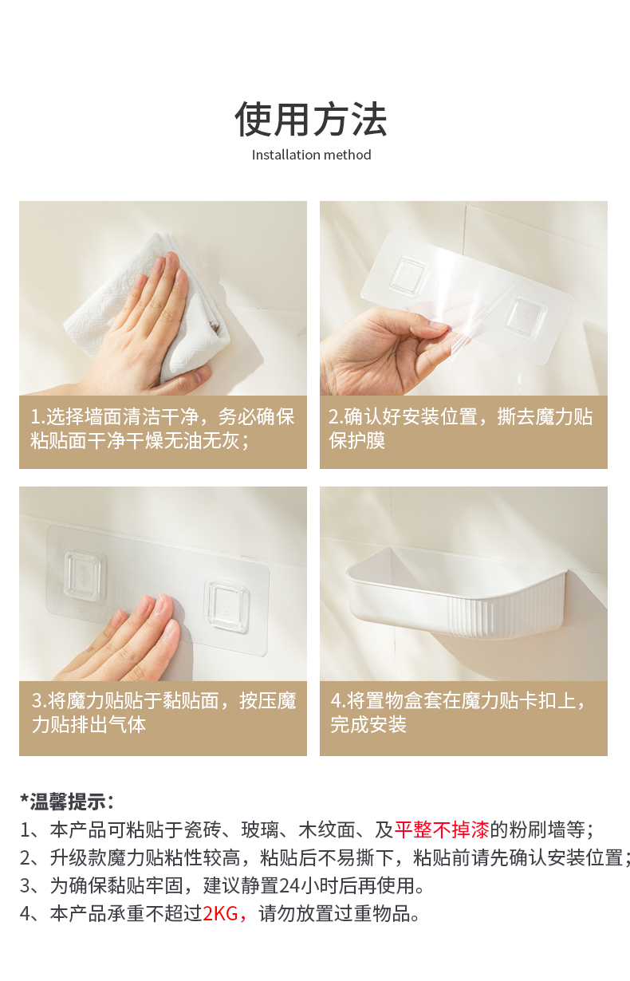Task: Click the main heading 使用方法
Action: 311,119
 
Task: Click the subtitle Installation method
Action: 311,155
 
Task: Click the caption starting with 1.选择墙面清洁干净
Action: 163,428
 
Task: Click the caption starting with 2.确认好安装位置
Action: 461,428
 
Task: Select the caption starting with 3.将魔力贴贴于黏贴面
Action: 163,712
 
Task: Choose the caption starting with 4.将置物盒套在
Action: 458,712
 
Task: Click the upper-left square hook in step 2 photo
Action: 408,275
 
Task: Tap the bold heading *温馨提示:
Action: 67,802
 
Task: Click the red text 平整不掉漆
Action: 441,830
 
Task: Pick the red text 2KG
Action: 220,914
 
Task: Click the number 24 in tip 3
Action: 289,886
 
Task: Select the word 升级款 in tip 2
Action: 78,858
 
